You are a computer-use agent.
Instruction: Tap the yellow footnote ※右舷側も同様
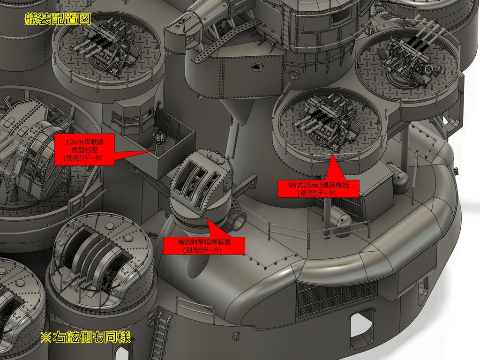tap(85, 337)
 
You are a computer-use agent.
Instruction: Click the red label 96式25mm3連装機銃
tap(318, 188)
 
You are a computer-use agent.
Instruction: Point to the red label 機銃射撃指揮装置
tap(204, 246)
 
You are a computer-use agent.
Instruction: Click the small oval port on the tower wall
tap(256, 68)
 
